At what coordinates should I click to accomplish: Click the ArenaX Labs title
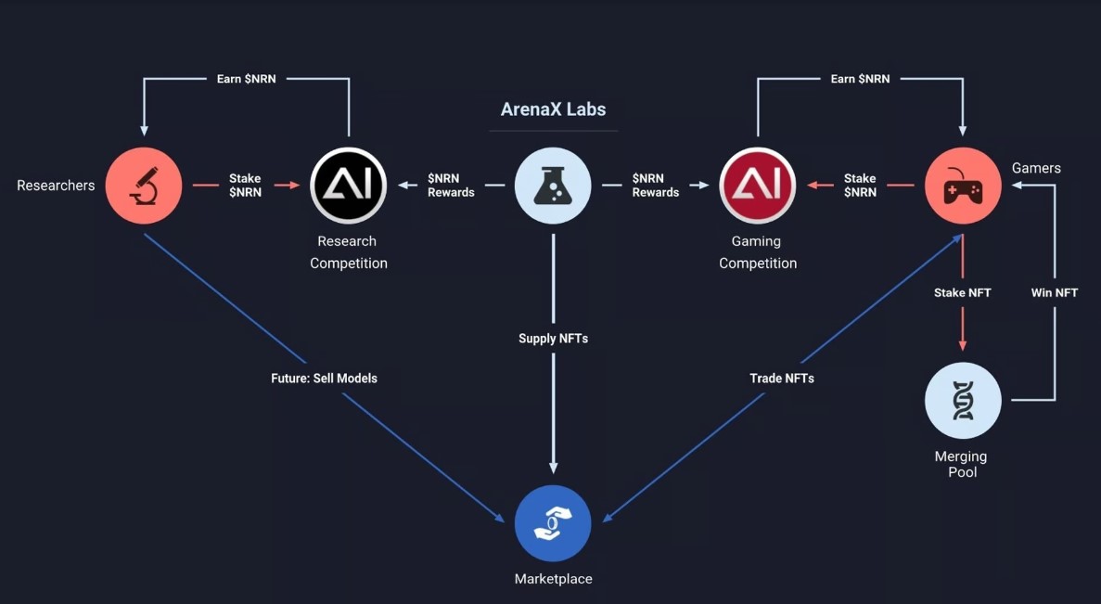click(553, 109)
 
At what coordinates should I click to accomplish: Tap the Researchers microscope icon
click(143, 186)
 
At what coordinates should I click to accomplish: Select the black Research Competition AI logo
click(348, 186)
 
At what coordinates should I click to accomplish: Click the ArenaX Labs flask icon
click(553, 186)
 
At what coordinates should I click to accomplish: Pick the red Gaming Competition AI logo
click(758, 186)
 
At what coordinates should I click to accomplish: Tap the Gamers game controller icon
click(963, 186)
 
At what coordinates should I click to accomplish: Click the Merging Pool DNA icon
click(963, 401)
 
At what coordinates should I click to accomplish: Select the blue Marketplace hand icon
click(553, 523)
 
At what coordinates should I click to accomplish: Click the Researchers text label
click(56, 186)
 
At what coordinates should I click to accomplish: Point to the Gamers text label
click(1036, 168)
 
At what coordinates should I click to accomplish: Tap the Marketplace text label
click(553, 579)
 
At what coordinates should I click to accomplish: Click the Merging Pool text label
click(961, 464)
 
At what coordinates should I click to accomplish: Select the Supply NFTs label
click(553, 339)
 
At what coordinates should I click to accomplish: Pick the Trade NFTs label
click(782, 378)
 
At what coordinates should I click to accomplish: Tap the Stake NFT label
click(962, 292)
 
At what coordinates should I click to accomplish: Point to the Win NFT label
click(1055, 292)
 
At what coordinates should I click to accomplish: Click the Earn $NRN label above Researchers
click(246, 79)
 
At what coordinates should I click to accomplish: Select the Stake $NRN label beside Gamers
click(860, 186)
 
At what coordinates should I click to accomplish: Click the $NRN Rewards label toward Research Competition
click(451, 186)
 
